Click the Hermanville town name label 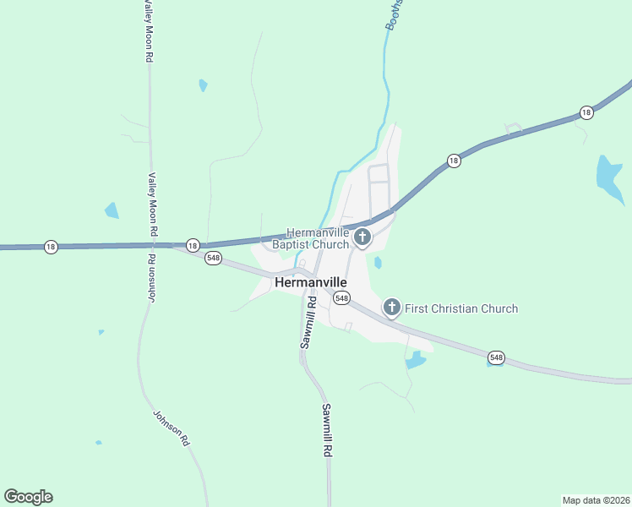click(x=310, y=283)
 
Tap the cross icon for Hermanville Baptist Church click(x=362, y=237)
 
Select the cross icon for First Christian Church click(x=391, y=308)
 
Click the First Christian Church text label click(x=461, y=308)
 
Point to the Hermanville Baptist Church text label click(x=318, y=238)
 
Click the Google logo click(x=28, y=497)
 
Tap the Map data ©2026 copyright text click(x=596, y=499)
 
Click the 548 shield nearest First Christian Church click(x=341, y=297)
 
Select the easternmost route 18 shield click(x=586, y=112)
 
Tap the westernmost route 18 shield click(x=51, y=247)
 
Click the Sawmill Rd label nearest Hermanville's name click(x=307, y=323)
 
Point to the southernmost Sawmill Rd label click(x=326, y=431)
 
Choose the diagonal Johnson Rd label click(x=170, y=428)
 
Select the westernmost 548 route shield click(x=214, y=259)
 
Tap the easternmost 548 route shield click(x=496, y=358)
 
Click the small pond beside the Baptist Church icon click(x=378, y=263)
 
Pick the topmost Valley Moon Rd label click(x=149, y=31)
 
